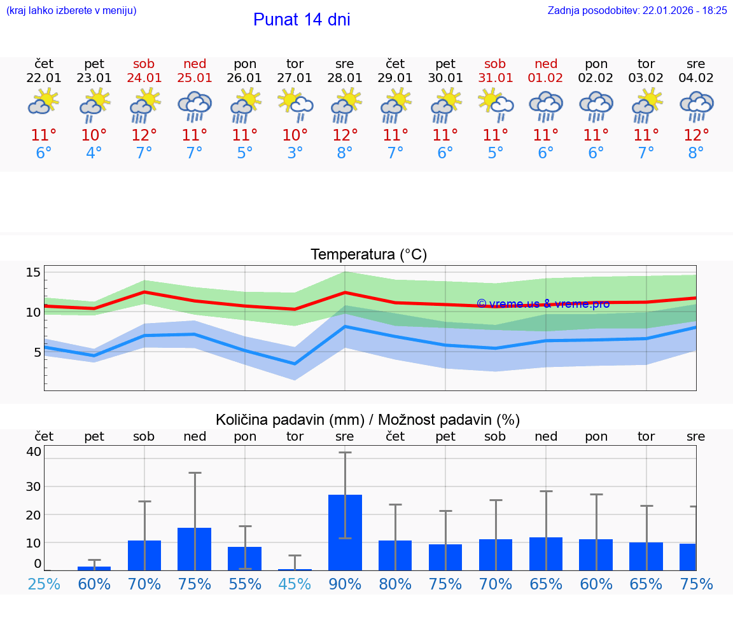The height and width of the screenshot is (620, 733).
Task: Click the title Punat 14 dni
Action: coord(302,20)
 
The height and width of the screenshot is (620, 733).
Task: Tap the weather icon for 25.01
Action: coord(194,106)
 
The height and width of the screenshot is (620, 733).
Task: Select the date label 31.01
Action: coord(495,78)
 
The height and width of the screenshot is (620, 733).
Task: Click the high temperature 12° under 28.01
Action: coord(345,135)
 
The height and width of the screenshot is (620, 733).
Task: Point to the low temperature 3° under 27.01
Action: coord(295,153)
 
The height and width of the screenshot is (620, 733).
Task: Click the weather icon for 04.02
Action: coord(696,106)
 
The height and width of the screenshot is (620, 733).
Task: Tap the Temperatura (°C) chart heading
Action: coord(368,255)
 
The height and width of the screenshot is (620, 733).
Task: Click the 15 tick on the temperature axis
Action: coord(33,273)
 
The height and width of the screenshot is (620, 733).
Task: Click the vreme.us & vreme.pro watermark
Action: coord(543,304)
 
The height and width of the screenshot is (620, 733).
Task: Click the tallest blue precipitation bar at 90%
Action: coord(345,533)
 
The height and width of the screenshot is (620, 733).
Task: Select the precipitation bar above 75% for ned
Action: coord(194,549)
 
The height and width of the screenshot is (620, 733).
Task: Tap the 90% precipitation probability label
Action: coord(345,584)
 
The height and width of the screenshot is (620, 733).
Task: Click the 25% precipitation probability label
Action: coord(44,584)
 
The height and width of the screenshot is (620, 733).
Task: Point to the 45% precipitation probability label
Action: coord(295,584)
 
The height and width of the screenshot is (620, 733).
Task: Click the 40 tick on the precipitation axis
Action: coord(33,451)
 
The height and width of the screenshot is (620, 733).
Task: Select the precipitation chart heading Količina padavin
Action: coord(368,420)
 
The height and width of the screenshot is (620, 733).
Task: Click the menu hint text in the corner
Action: coord(71,10)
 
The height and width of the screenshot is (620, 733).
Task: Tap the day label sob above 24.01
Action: coord(144,64)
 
